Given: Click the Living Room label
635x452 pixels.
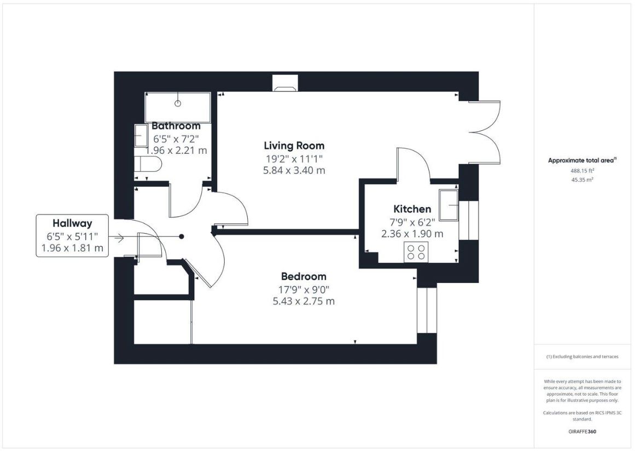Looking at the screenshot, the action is click(x=294, y=146).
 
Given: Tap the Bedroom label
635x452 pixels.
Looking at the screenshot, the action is click(x=304, y=276).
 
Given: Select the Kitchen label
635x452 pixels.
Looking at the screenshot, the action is click(x=412, y=209).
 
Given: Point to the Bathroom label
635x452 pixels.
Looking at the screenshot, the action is click(x=176, y=125).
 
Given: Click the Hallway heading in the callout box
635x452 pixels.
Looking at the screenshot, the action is click(x=72, y=223).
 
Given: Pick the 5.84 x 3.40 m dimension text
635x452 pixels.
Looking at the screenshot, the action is click(x=294, y=170).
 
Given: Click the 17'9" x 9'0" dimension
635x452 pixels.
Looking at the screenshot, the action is click(x=304, y=289).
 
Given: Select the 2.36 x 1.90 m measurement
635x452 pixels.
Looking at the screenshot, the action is click(x=412, y=234).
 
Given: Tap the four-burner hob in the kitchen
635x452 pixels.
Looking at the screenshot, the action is click(x=416, y=252).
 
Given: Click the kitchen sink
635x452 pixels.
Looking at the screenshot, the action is click(x=448, y=205).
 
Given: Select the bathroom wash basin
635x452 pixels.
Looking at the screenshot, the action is click(x=141, y=136).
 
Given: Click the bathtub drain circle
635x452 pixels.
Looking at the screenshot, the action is click(x=177, y=103).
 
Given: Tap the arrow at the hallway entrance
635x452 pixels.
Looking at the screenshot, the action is click(x=119, y=237).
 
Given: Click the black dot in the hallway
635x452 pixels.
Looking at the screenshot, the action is click(x=182, y=236).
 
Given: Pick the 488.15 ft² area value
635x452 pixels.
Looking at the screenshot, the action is click(x=582, y=171).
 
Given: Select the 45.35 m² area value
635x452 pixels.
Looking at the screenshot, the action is click(x=582, y=180).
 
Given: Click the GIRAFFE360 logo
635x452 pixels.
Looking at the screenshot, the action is click(x=582, y=431).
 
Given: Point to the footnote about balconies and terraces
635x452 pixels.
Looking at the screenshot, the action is click(x=582, y=357).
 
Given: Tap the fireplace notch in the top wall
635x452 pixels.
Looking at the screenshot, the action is click(x=285, y=83).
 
